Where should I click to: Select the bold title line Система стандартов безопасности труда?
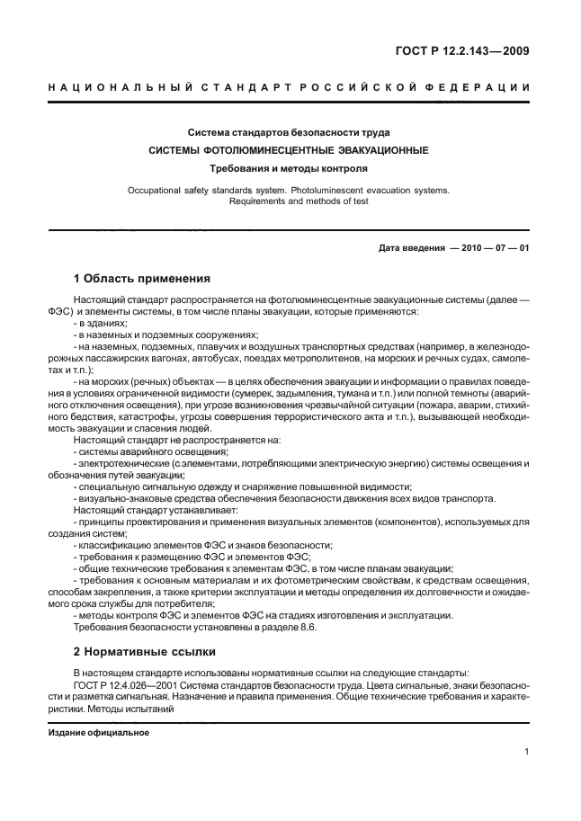(288, 133)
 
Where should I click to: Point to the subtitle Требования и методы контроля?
(288, 168)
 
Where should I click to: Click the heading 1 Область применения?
(141, 279)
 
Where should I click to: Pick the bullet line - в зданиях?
(101, 323)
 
